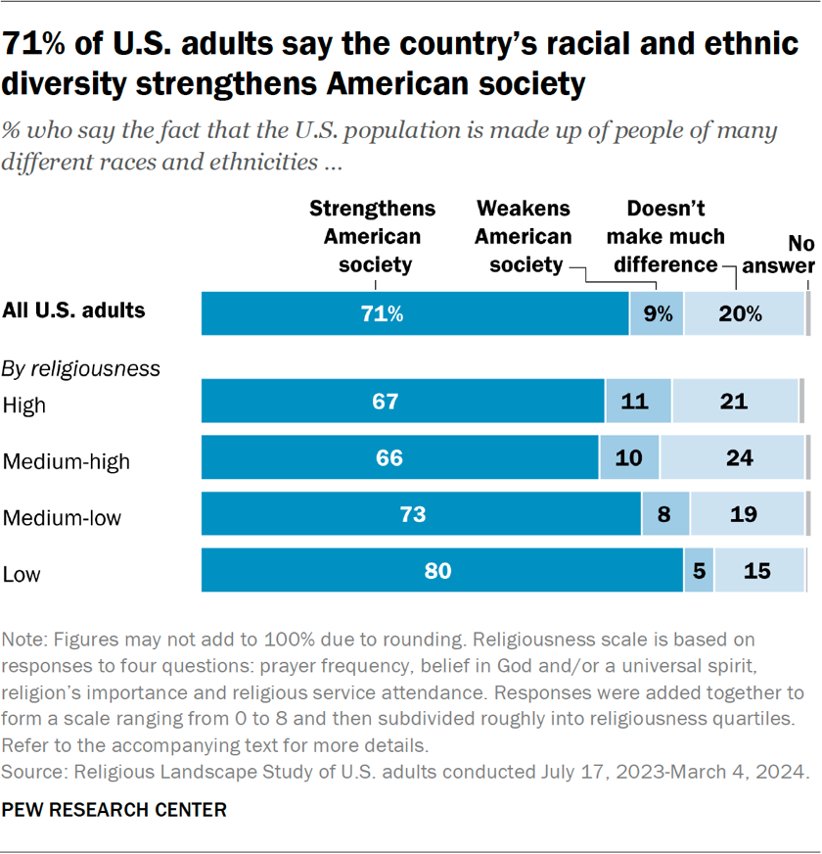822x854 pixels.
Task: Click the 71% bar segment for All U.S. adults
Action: tap(415, 313)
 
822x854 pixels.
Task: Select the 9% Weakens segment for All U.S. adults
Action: tap(657, 313)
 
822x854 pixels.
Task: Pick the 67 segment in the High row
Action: tap(402, 402)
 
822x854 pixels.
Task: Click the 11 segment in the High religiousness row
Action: tap(638, 402)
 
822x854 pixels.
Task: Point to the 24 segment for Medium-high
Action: tap(732, 458)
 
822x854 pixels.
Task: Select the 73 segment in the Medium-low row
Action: tap(421, 515)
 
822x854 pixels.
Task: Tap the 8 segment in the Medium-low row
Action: tap(665, 515)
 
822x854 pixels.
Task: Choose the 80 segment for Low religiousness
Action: tap(441, 571)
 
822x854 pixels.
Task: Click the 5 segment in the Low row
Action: tap(699, 571)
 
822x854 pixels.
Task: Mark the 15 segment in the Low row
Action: tap(759, 571)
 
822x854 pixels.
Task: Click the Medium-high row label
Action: tap(67, 460)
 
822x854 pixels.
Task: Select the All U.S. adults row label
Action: tap(74, 311)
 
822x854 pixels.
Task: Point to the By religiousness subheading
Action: tap(81, 368)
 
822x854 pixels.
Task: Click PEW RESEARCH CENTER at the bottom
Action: tap(114, 811)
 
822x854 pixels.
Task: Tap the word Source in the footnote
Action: tap(31, 772)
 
